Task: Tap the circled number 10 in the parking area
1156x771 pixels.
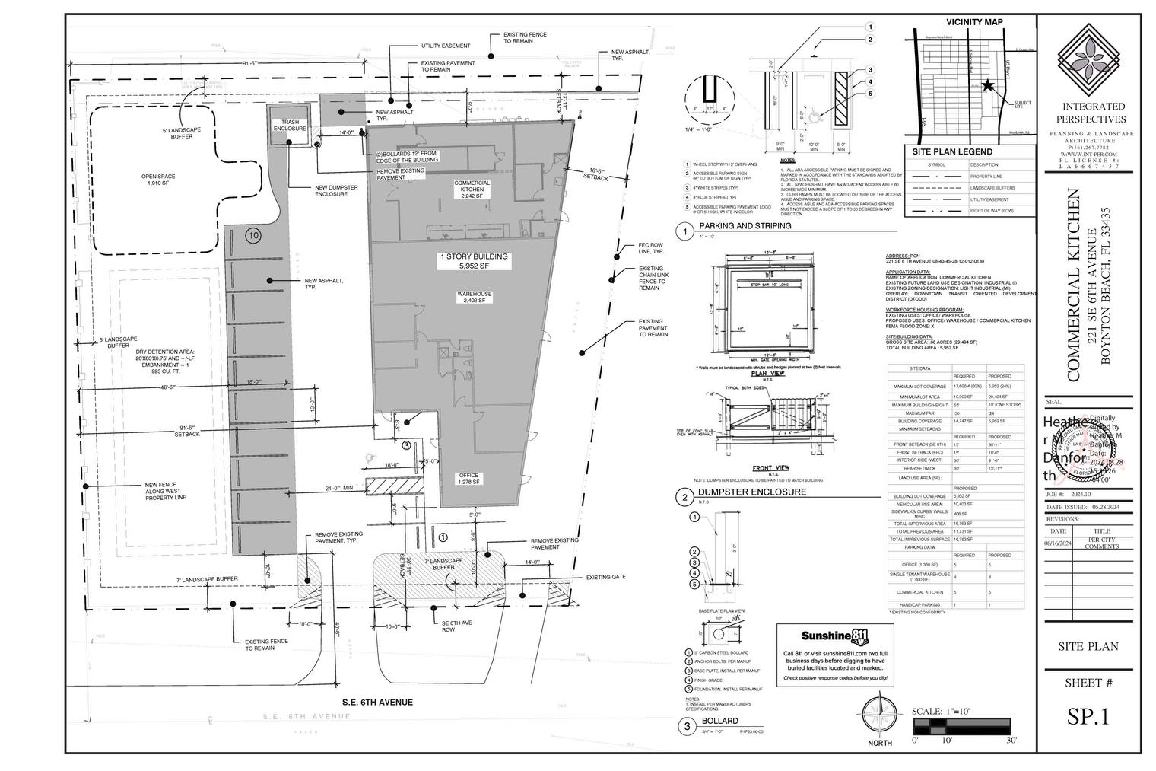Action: point(253,236)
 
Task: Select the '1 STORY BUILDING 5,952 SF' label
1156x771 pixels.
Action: point(472,262)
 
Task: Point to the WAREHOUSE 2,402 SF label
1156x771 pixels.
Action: point(474,297)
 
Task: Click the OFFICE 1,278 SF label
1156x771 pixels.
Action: point(468,479)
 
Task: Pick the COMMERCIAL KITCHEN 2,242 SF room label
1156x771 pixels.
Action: point(472,189)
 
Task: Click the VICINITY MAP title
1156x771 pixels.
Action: point(974,22)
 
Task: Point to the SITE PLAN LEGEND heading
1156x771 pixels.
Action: point(951,151)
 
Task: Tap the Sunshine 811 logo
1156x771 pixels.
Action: point(836,636)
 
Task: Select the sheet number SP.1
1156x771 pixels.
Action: point(1088,717)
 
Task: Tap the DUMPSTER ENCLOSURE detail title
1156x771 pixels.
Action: point(752,492)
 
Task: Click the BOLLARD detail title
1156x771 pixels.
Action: point(719,721)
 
